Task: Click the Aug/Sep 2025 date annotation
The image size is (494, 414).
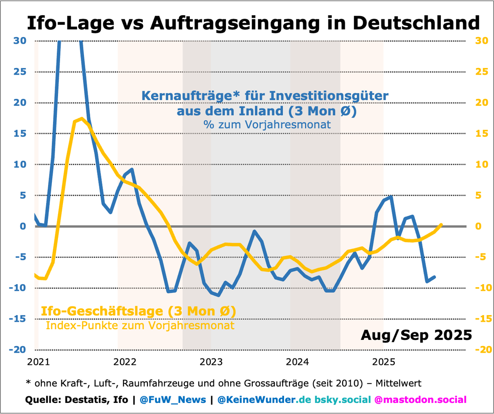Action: coord(416,334)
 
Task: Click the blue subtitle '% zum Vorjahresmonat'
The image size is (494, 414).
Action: coord(266,124)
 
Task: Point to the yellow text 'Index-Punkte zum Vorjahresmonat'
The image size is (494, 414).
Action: coord(140,325)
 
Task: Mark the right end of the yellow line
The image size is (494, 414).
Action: coord(441,225)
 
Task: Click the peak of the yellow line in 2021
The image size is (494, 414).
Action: coord(82,119)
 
